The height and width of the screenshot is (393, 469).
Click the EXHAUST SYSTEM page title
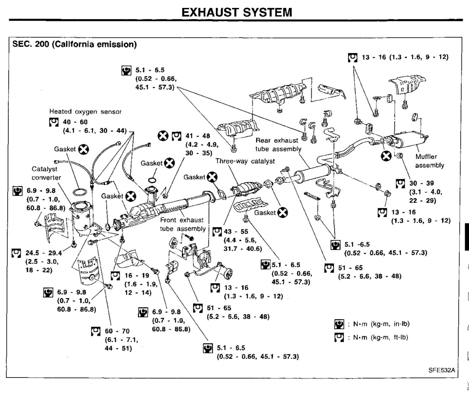point(237,12)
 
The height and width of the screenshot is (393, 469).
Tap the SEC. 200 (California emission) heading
point(75,44)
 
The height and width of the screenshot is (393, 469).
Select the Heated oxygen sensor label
point(85,112)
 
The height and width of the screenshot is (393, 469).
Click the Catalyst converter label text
point(46,173)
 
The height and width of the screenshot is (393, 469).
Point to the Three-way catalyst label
point(245,161)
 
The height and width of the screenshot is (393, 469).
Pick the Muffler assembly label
point(429,161)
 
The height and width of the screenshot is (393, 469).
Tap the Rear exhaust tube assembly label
point(278,145)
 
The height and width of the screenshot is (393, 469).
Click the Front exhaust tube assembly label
point(183,224)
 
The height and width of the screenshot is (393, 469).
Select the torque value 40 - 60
point(75,122)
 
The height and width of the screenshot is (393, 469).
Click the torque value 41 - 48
point(198,136)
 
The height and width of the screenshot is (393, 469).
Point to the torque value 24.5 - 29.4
point(43,253)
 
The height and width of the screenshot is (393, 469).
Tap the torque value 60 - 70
point(117,331)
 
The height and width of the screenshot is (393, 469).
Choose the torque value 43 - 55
point(236,232)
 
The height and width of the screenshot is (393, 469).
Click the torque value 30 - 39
point(421,183)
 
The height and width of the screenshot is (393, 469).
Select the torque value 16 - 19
point(137,275)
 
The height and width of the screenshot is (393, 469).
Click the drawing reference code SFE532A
point(442,370)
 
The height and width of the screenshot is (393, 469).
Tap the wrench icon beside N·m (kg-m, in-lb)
point(339,324)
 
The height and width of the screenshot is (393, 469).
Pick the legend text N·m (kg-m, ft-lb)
point(380,337)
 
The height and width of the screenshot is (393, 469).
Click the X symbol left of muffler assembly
point(386,156)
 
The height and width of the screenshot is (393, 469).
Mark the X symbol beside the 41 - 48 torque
point(163,136)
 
